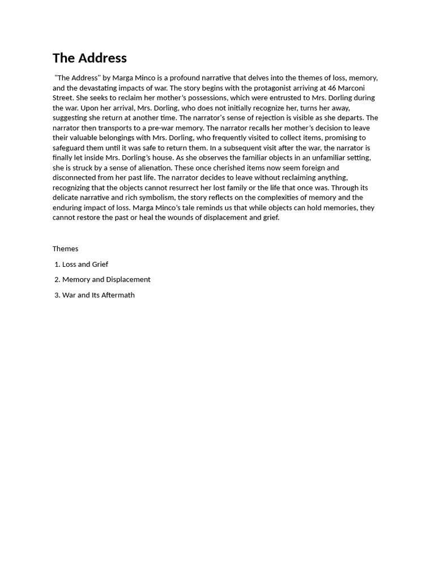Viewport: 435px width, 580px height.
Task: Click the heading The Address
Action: coord(89,58)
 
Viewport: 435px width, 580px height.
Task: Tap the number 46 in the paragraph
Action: coord(332,88)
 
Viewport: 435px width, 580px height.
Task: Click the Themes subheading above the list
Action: coord(66,249)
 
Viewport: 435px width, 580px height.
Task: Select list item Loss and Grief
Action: coord(85,264)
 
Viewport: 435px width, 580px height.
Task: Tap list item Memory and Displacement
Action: coord(106,279)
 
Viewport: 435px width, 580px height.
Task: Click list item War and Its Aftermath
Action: coord(98,295)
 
